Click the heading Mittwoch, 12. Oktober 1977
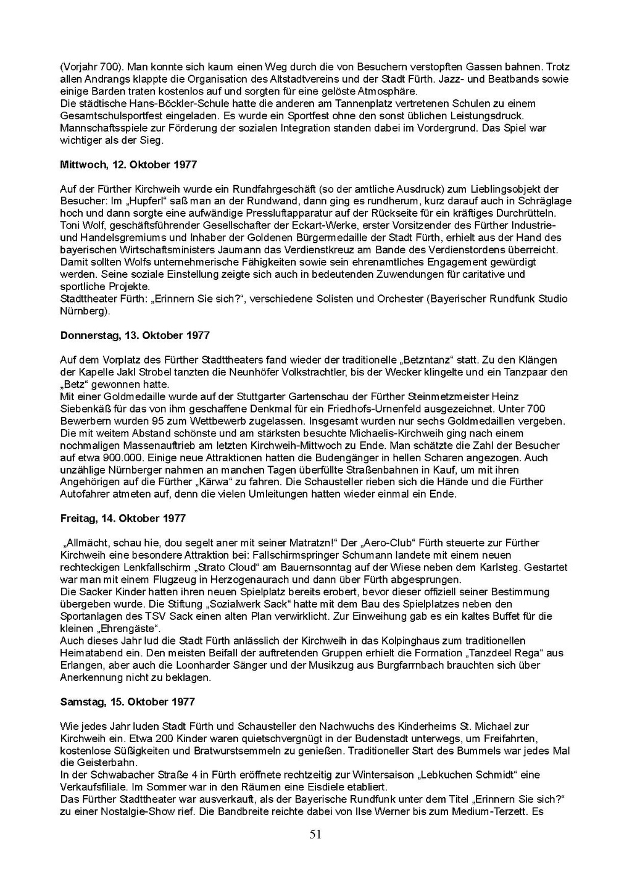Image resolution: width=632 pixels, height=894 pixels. (x=128, y=165)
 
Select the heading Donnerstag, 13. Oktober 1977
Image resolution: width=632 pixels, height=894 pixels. (x=135, y=336)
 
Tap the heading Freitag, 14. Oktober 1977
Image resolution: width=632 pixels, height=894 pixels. (x=123, y=519)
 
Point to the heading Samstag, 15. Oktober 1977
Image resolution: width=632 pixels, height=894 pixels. (x=127, y=702)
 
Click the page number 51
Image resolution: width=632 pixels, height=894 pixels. (x=315, y=835)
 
